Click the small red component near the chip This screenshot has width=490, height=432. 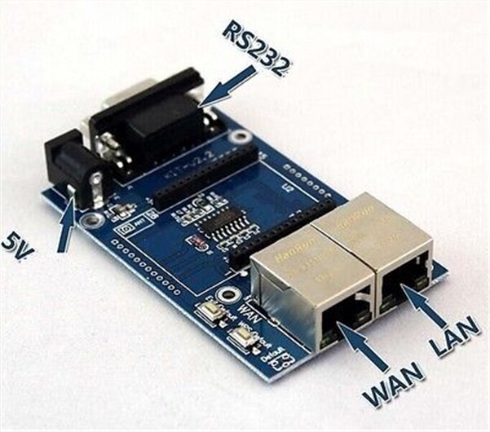[196, 241]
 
